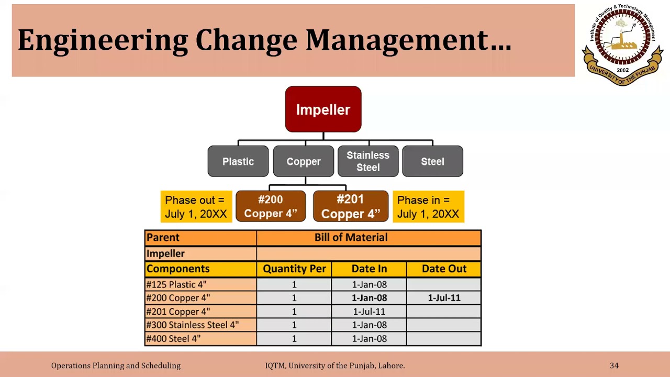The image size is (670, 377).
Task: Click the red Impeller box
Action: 323,109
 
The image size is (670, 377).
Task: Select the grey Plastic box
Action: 238,161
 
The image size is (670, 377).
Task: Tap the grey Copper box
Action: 304,161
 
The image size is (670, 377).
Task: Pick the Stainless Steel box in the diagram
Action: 368,161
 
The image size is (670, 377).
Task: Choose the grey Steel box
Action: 432,161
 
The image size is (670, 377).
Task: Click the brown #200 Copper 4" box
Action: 271,206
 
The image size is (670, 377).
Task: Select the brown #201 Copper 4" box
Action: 351,206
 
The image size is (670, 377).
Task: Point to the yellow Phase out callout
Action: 196,207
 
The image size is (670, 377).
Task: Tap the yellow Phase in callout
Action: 428,207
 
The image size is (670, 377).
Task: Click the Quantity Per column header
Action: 294,269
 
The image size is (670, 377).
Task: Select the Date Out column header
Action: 444,269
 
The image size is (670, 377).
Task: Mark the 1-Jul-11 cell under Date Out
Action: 444,298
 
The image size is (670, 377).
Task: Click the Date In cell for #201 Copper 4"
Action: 369,312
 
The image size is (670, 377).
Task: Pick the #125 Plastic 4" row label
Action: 177,284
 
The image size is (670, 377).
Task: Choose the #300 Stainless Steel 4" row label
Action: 193,325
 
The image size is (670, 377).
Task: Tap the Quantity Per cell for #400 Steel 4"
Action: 294,339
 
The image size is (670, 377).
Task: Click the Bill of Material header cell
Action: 351,237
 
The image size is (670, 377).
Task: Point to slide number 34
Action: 614,365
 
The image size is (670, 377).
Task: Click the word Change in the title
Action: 246,40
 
